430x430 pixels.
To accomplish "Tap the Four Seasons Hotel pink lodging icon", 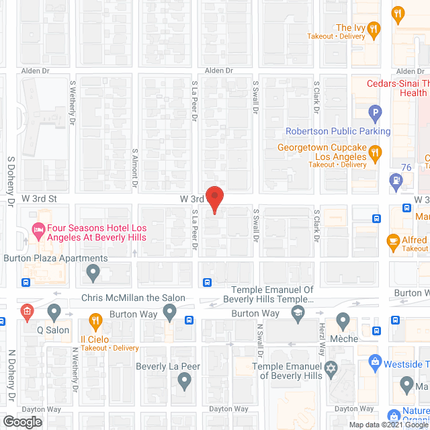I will pos(38,232).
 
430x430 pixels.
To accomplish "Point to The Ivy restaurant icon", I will pos(374,29).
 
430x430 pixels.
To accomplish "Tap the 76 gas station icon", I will pos(396,180).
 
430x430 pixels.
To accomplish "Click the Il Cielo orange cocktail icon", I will pos(95,322).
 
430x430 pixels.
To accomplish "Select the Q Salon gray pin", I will pos(54,312).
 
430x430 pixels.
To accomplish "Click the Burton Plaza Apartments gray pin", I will pos(93,273).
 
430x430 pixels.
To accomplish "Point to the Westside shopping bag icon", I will pos(375,363).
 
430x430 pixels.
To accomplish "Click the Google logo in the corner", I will pos(21,422).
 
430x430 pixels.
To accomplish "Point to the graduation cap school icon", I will pos(298,312).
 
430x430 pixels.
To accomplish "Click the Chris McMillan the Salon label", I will pos(133,298).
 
